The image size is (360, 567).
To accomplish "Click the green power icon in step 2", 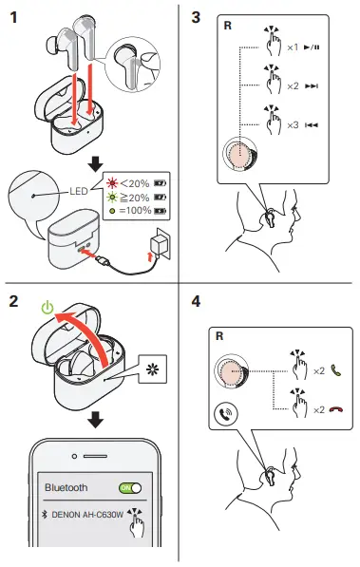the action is pos(47,308).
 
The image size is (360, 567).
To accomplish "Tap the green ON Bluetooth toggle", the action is pos(130,488).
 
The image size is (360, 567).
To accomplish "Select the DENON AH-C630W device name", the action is pos(87,515).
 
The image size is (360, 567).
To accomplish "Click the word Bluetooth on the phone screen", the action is pos(66,487).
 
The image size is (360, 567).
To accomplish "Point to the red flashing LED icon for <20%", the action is pos(112,183).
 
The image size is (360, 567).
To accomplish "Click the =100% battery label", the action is pos(135,210).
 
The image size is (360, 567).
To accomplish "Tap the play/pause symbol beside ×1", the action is pos(312,47).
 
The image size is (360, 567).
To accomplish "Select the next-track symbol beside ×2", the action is pos(312,86).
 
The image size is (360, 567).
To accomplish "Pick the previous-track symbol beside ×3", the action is pos(312,125).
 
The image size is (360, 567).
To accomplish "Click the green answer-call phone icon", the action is pos(336,370).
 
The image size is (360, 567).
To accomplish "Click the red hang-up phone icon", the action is pos(336,409).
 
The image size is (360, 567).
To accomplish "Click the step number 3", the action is pos(196,17).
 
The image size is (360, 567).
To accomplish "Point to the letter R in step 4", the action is pos(219,336).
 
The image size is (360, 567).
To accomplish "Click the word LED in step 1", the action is pos(79,191).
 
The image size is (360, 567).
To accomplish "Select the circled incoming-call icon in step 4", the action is pos(226,413).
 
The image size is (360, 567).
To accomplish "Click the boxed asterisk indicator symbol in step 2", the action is pos(152,369).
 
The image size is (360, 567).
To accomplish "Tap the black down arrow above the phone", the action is pos(96,420).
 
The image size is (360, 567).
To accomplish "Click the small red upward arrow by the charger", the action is pos(150,257).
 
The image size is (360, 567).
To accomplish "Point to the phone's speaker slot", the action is pos(95,456).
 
